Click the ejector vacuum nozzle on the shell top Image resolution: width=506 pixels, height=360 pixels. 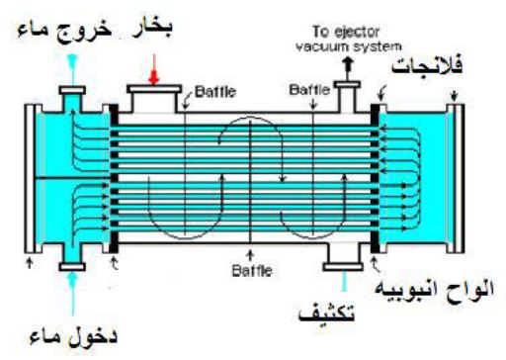[x=348, y=96]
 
